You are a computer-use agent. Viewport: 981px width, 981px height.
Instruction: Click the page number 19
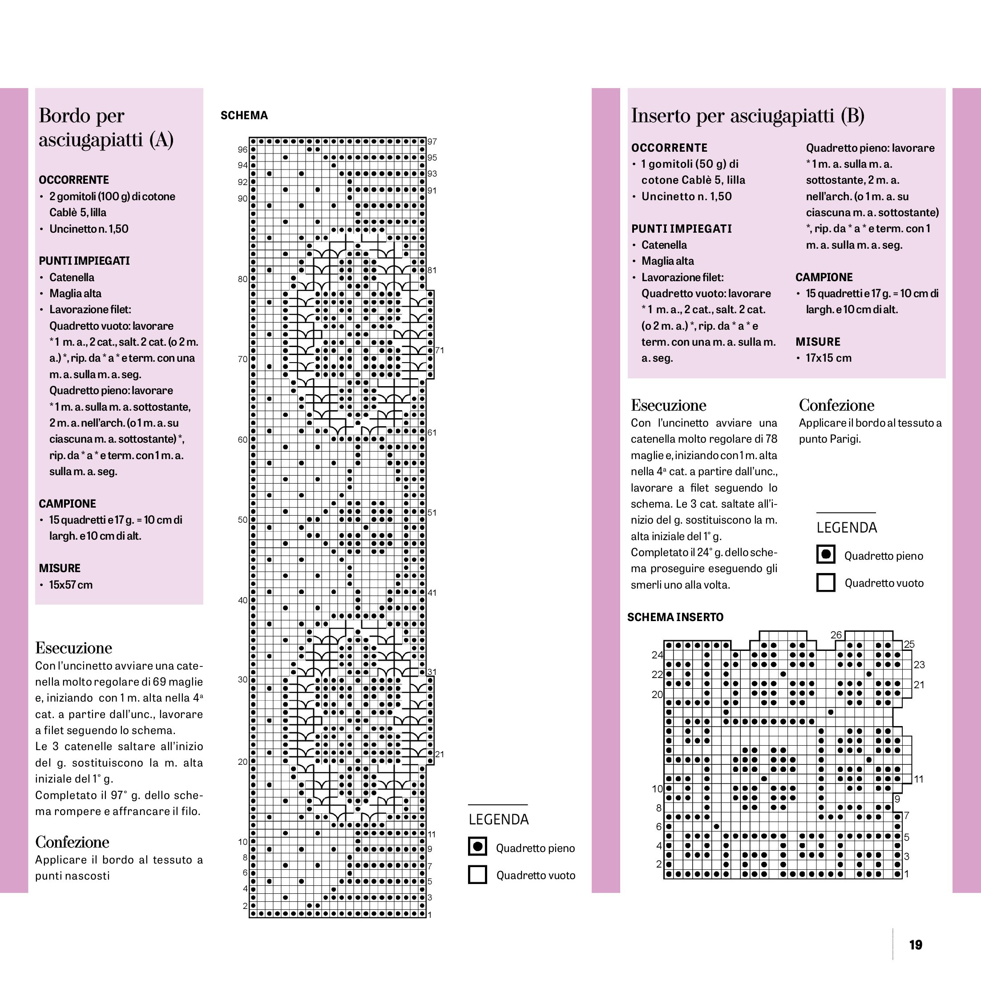click(916, 945)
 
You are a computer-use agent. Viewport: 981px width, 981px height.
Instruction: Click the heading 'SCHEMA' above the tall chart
click(244, 115)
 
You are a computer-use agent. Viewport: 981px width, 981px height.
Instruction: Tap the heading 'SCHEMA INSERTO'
click(675, 617)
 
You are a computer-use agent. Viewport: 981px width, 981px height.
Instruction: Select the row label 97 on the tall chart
click(432, 141)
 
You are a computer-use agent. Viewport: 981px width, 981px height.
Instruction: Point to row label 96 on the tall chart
click(243, 150)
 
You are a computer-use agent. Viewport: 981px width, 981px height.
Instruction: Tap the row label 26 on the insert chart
click(836, 635)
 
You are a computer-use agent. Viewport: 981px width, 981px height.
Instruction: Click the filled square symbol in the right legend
click(826, 554)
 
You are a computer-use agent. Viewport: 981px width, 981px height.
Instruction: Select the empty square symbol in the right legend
click(826, 582)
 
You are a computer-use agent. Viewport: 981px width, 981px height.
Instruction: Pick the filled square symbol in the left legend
click(477, 847)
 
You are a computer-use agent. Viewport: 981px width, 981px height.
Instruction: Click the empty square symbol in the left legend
click(477, 874)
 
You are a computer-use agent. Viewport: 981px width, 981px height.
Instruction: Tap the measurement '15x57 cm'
click(71, 585)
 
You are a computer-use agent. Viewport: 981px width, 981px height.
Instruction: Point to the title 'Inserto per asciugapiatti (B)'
click(747, 116)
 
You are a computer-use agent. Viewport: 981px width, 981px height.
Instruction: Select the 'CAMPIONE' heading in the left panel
click(67, 504)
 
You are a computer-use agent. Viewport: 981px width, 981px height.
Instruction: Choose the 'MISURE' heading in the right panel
click(818, 342)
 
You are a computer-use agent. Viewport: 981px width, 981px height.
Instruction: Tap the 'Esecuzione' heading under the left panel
click(73, 648)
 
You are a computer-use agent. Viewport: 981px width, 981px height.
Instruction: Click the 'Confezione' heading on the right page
click(836, 405)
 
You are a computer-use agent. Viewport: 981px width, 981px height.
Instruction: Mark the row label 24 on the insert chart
click(657, 655)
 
